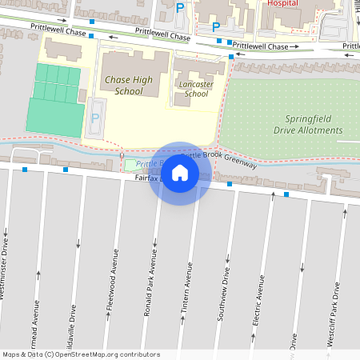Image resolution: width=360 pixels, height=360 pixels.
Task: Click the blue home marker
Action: (x=180, y=172)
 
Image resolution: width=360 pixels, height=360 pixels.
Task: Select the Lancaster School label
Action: (x=196, y=88)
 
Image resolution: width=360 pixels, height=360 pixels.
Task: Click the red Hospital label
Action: (x=282, y=3)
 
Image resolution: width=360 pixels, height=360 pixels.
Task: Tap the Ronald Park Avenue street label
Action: (x=149, y=284)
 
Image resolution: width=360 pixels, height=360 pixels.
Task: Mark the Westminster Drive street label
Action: (x=3, y=271)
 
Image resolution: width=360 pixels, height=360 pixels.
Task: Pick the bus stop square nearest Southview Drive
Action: (x=230, y=185)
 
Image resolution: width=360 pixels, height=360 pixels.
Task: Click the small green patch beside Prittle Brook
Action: (x=130, y=165)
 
